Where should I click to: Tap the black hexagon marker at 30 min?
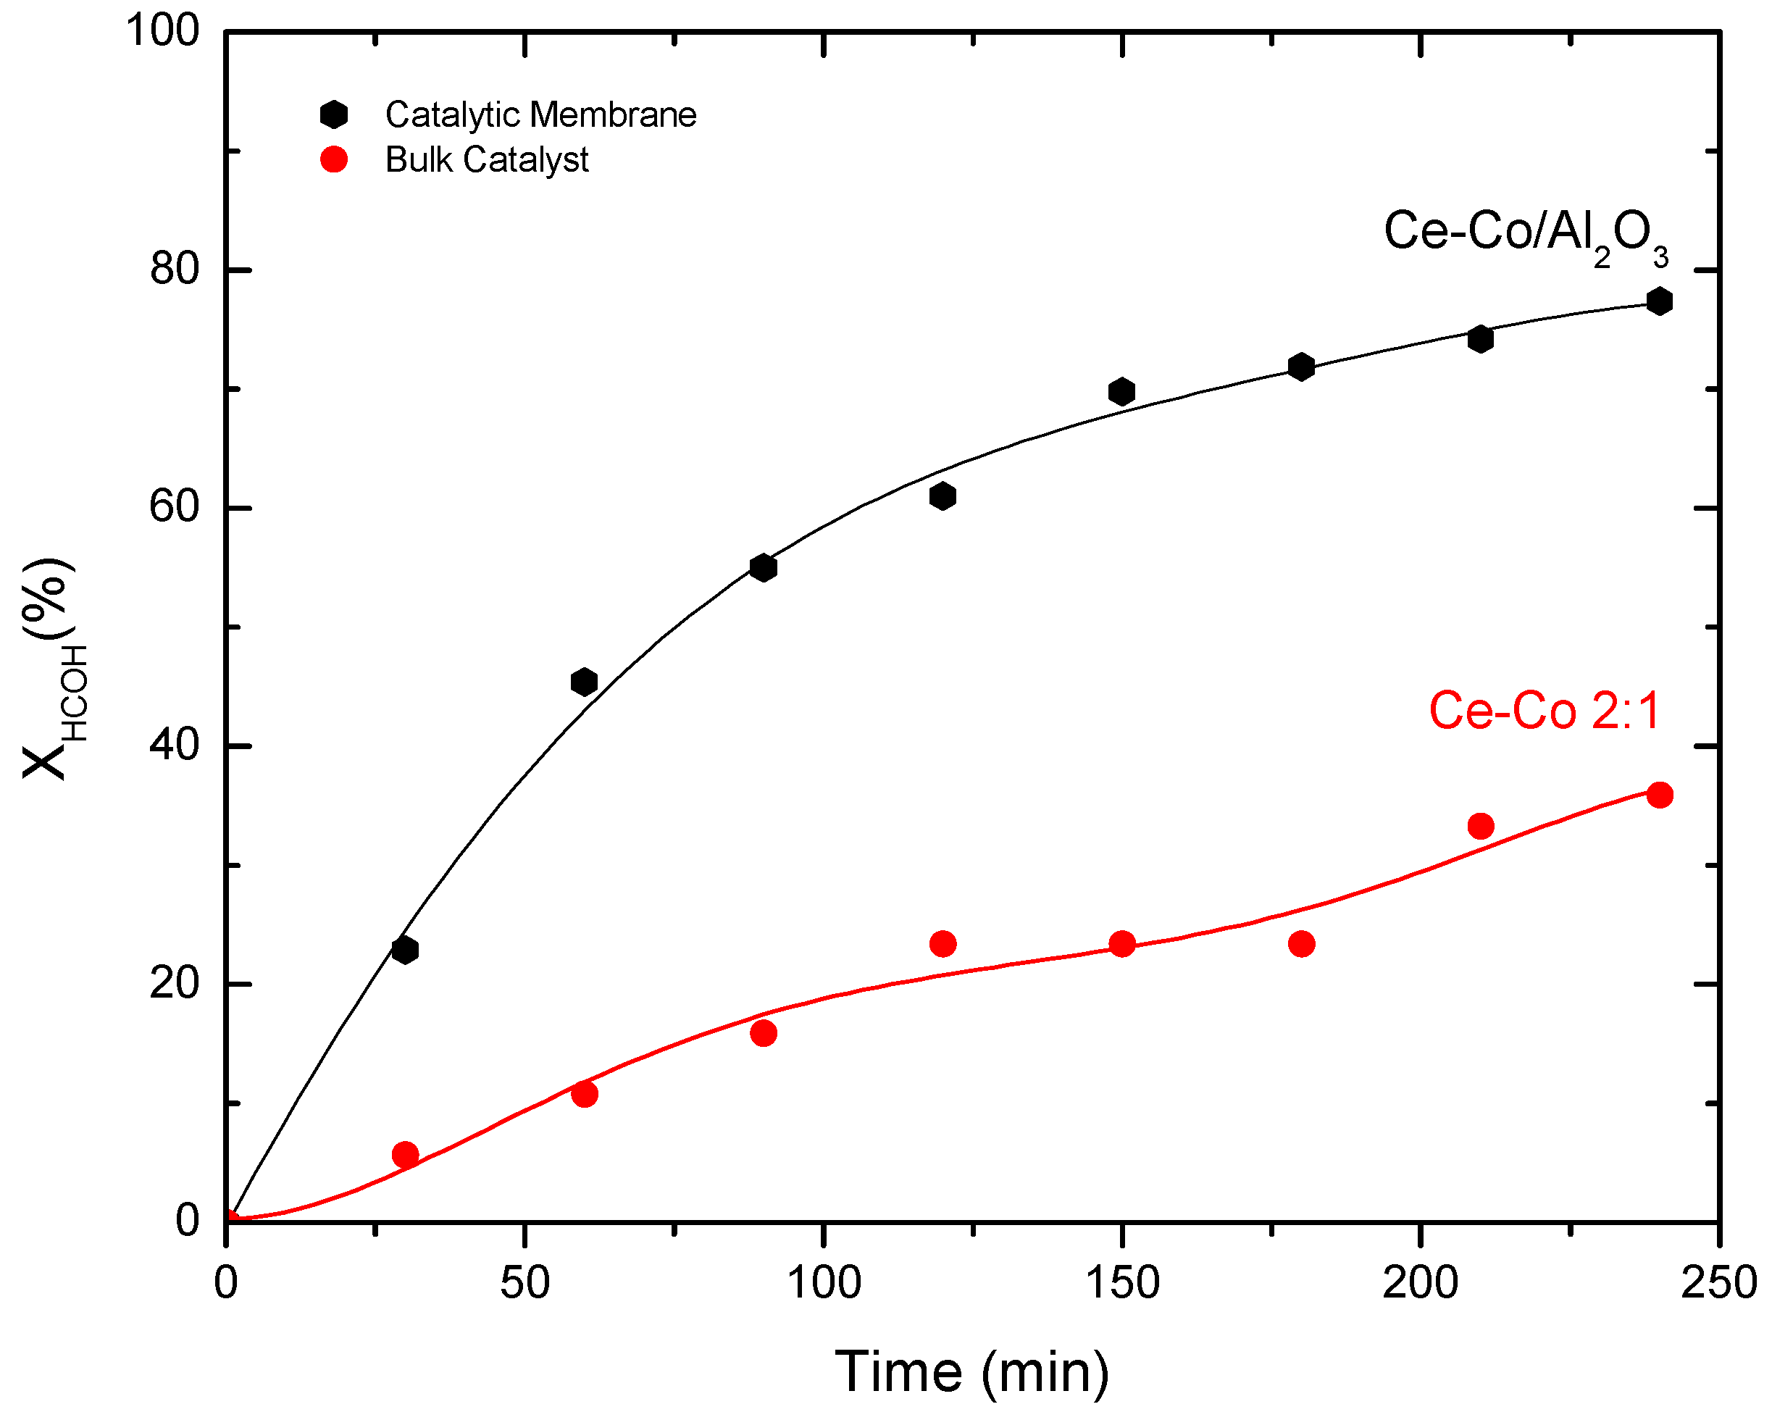(x=404, y=950)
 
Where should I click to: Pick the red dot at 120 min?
(x=943, y=943)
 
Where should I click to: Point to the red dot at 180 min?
(x=1301, y=943)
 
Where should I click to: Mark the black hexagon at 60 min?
(x=584, y=681)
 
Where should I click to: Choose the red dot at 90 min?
(x=764, y=1033)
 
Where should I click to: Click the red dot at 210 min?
(x=1480, y=826)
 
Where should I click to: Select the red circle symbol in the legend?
(x=334, y=159)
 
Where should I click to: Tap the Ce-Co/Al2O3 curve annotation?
(x=1526, y=233)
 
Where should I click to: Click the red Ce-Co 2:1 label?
(x=1544, y=711)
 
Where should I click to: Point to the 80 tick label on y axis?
(x=175, y=269)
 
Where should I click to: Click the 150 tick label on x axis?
(x=1122, y=1282)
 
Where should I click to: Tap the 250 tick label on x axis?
(x=1718, y=1282)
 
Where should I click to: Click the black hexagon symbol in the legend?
(x=334, y=115)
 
